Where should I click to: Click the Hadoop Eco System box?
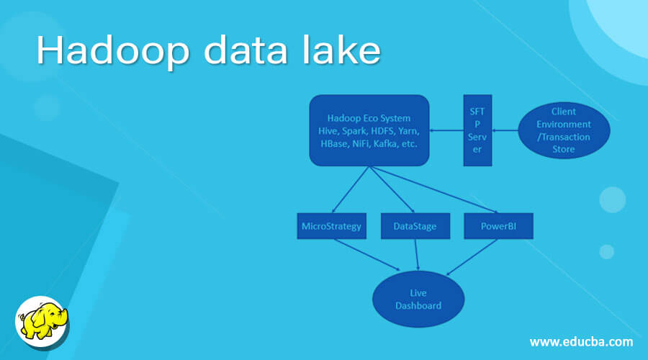369,130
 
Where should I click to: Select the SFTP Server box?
477,130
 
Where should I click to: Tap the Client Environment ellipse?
564,130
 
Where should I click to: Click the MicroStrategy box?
330,226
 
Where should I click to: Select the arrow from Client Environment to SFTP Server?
505,130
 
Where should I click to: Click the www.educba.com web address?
581,341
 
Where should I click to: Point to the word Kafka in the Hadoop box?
390,143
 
